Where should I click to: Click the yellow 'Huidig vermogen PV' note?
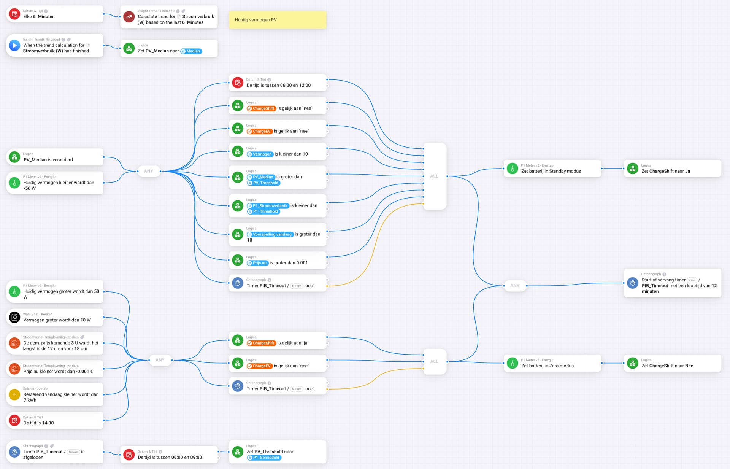(278, 20)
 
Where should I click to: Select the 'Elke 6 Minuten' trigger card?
(55, 14)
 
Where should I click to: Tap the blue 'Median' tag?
(191, 51)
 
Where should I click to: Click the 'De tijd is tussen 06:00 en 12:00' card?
(278, 83)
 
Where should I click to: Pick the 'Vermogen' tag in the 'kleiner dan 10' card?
(260, 154)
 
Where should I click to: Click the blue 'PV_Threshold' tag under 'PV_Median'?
(263, 183)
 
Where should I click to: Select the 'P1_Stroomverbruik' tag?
(268, 206)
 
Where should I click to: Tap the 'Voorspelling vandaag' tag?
(270, 234)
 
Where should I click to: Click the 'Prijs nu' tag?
(257, 263)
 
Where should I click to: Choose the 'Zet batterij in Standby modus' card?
(552, 169)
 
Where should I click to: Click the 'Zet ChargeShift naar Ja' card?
(673, 169)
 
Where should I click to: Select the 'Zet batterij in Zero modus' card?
(552, 363)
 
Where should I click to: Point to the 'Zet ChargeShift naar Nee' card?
(673, 363)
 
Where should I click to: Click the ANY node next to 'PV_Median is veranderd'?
(149, 171)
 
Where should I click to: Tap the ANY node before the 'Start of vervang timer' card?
(515, 286)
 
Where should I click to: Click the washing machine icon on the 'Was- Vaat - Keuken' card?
(14, 317)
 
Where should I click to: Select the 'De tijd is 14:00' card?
(55, 420)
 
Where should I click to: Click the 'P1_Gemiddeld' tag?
(264, 458)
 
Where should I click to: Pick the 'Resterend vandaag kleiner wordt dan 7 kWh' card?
(55, 394)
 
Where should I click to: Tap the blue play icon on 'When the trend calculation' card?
(14, 46)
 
